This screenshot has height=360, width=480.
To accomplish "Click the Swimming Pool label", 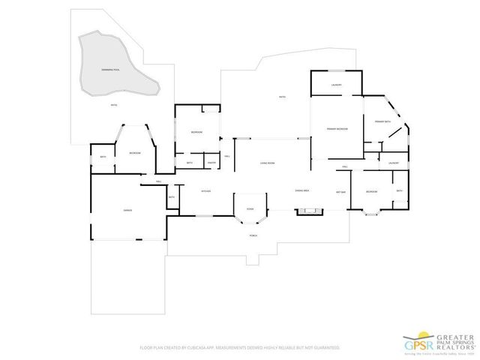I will [x=110, y=69].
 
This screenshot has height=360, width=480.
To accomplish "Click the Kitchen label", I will [x=205, y=191].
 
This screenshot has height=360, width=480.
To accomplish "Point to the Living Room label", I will [x=267, y=163].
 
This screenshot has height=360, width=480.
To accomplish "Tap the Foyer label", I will [x=250, y=209].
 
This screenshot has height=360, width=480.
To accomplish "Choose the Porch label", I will [x=253, y=235].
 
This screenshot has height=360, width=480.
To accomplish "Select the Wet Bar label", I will [x=340, y=191].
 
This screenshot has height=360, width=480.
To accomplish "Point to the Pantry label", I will [x=212, y=163].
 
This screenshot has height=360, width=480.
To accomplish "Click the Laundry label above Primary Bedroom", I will [x=337, y=85].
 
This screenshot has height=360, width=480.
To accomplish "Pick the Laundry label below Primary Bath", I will [x=393, y=163].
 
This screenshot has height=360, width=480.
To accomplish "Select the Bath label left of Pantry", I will [x=190, y=163].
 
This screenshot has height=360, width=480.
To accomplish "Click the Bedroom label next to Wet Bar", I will [x=370, y=192].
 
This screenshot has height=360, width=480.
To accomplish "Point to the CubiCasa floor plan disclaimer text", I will [x=239, y=349].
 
